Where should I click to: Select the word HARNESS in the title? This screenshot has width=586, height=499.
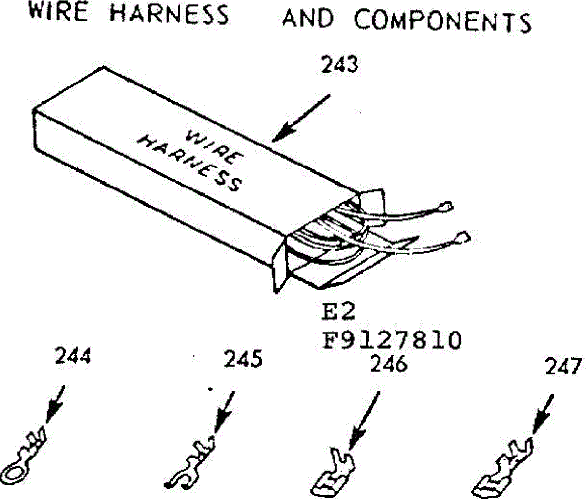[x=169, y=14]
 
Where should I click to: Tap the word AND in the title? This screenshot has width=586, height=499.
[x=308, y=19]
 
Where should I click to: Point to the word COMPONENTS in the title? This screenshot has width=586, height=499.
[x=442, y=21]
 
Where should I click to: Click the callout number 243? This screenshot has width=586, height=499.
[x=339, y=65]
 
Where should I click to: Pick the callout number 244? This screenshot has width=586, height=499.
[x=73, y=356]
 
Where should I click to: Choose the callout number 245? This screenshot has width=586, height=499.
[x=243, y=359]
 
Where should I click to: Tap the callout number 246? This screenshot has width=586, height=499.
[x=389, y=364]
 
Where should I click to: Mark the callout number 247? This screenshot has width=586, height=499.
[x=564, y=367]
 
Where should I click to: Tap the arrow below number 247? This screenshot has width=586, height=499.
[x=542, y=414]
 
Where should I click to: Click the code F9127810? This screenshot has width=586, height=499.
[x=391, y=340]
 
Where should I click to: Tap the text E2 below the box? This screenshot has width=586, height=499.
[x=338, y=312]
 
